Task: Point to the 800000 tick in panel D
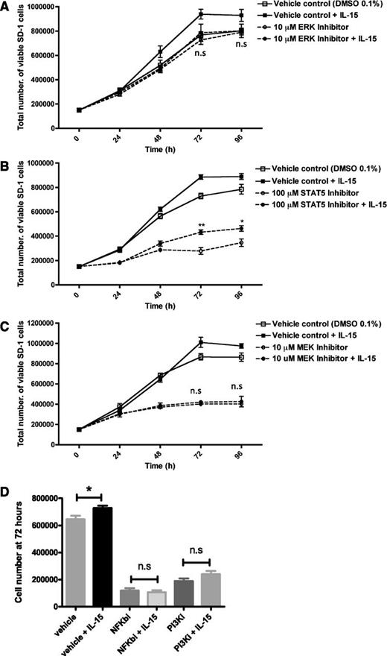click(42, 498)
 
